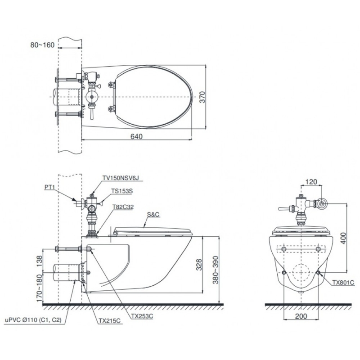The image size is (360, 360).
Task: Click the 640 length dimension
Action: pos(136,136)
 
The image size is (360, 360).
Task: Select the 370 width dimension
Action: pos(202,97)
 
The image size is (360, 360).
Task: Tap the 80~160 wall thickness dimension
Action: pos(42,45)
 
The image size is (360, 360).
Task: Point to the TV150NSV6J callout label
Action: pos(121,178)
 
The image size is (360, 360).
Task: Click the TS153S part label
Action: pos(122,191)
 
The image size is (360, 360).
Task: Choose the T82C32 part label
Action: pos(123,207)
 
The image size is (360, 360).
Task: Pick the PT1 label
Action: pos(49,187)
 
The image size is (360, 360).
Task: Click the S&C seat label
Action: pos(153,215)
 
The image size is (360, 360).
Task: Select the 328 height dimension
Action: pos(199,265)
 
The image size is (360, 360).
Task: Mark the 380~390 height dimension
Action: pos(216,270)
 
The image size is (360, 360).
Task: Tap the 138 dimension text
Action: pos(39,261)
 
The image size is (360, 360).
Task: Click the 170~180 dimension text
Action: pos(39,288)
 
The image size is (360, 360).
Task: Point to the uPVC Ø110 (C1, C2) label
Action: pos(33,320)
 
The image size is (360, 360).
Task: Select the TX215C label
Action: pos(109,321)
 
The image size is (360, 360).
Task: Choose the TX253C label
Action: pos(142,316)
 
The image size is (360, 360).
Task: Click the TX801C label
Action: pos(343,283)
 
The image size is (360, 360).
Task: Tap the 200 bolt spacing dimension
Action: pos(301,316)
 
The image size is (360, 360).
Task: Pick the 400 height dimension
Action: pos(343,238)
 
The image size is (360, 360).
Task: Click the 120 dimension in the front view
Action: pos(311,182)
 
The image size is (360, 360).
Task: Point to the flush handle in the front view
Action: pos(285,209)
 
